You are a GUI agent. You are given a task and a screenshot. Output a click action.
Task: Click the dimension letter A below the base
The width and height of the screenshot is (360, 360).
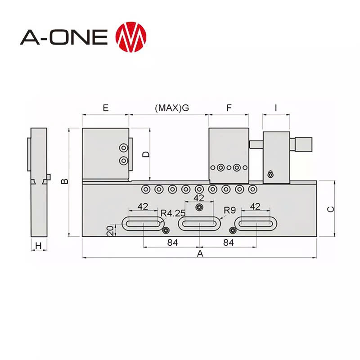pyautogui.click(x=200, y=254)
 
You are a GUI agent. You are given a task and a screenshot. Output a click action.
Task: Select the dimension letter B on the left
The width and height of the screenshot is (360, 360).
pyautogui.click(x=65, y=181)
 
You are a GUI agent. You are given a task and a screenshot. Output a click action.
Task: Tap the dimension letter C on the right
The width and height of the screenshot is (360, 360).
pyautogui.click(x=329, y=208)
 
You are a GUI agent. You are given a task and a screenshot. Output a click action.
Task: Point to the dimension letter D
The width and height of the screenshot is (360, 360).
pyautogui.click(x=145, y=154)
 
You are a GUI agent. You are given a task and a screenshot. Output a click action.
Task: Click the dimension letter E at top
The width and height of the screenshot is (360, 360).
pyautogui.click(x=106, y=108)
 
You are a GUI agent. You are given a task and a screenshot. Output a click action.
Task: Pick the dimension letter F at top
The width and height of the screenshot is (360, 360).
pyautogui.click(x=229, y=108)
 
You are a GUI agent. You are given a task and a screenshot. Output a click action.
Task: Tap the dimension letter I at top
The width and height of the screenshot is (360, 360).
pyautogui.click(x=276, y=108)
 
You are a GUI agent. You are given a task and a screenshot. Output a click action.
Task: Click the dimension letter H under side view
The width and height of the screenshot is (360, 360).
pyautogui.click(x=39, y=246)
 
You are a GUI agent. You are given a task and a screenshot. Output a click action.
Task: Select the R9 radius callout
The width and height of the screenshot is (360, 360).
pyautogui.click(x=230, y=209)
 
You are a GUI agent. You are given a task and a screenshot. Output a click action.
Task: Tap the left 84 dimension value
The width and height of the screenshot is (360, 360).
pyautogui.click(x=172, y=243)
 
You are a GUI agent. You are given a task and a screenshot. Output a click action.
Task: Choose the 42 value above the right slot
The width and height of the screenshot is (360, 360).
pyautogui.click(x=255, y=207)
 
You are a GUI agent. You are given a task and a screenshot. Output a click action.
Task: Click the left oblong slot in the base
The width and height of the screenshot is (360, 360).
pyautogui.click(x=142, y=224)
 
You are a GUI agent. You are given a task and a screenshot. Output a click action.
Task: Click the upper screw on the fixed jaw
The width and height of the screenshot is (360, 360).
pyautogui.click(x=123, y=148)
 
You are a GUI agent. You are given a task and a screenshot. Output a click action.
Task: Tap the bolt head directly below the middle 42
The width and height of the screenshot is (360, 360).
pyautogui.click(x=199, y=207)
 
